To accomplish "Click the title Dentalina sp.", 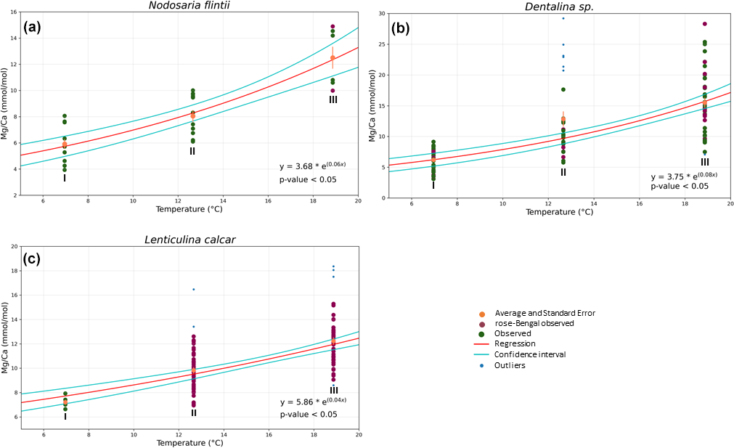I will pos(558,7).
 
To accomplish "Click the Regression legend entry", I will pos(515,343).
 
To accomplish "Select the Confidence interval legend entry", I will pos(530,354).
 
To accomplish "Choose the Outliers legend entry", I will pos(510,365).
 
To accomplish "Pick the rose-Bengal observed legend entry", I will pos(534,323).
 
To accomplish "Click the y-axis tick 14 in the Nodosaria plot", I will pos(15,38).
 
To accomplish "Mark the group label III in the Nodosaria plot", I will pos(333,99).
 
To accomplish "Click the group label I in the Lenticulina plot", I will pos(65,417).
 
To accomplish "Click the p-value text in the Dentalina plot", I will pos(680,186).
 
